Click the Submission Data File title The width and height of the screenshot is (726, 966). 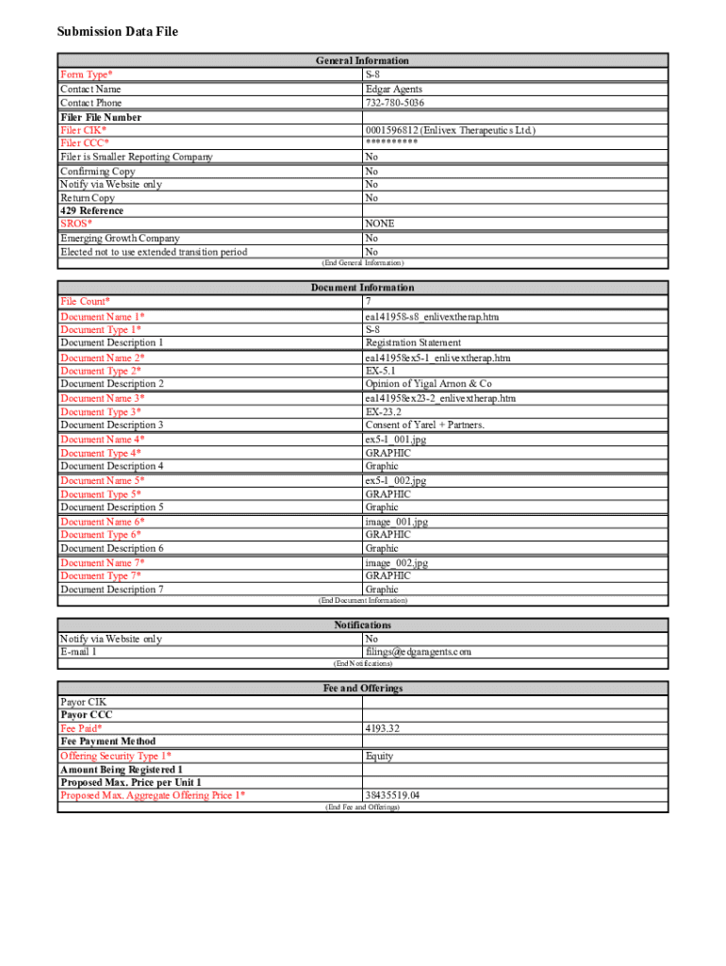point(117,32)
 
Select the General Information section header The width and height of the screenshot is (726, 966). point(362,60)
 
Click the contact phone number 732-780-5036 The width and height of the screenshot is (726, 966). point(394,103)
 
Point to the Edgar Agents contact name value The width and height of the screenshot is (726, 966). point(393,89)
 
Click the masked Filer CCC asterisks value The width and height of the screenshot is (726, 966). point(391,143)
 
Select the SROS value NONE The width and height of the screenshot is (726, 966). point(380,224)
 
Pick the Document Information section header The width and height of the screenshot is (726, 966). point(362,288)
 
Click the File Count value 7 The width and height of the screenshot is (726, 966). point(369,301)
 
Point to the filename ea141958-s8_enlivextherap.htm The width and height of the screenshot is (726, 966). point(432,317)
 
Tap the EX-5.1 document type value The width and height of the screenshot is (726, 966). point(382,371)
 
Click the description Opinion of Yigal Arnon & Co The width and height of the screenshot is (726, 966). point(428,384)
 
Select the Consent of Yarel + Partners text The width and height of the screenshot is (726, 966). point(424,425)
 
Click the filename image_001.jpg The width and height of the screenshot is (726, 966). point(396,522)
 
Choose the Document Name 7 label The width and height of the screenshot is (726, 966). point(102,563)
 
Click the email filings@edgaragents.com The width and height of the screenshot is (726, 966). point(418,652)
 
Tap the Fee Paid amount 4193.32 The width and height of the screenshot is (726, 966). point(383,728)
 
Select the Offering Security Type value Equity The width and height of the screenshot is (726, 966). point(379,756)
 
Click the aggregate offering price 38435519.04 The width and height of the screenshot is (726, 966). point(392,795)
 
